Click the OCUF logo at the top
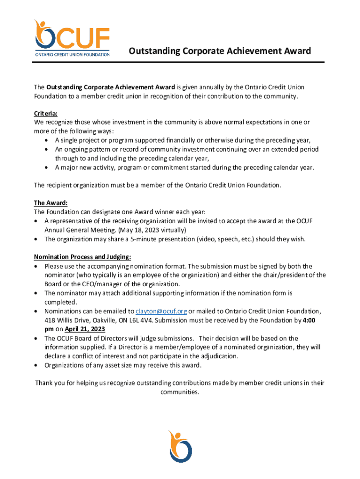tap(72, 37)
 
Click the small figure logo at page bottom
tap(180, 446)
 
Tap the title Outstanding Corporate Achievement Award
tap(220, 51)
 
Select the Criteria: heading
tap(46, 114)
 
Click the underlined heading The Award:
tap(50, 203)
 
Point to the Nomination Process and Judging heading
tap(82, 257)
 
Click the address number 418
tap(50, 320)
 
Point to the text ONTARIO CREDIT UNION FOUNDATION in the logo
tap(72, 54)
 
